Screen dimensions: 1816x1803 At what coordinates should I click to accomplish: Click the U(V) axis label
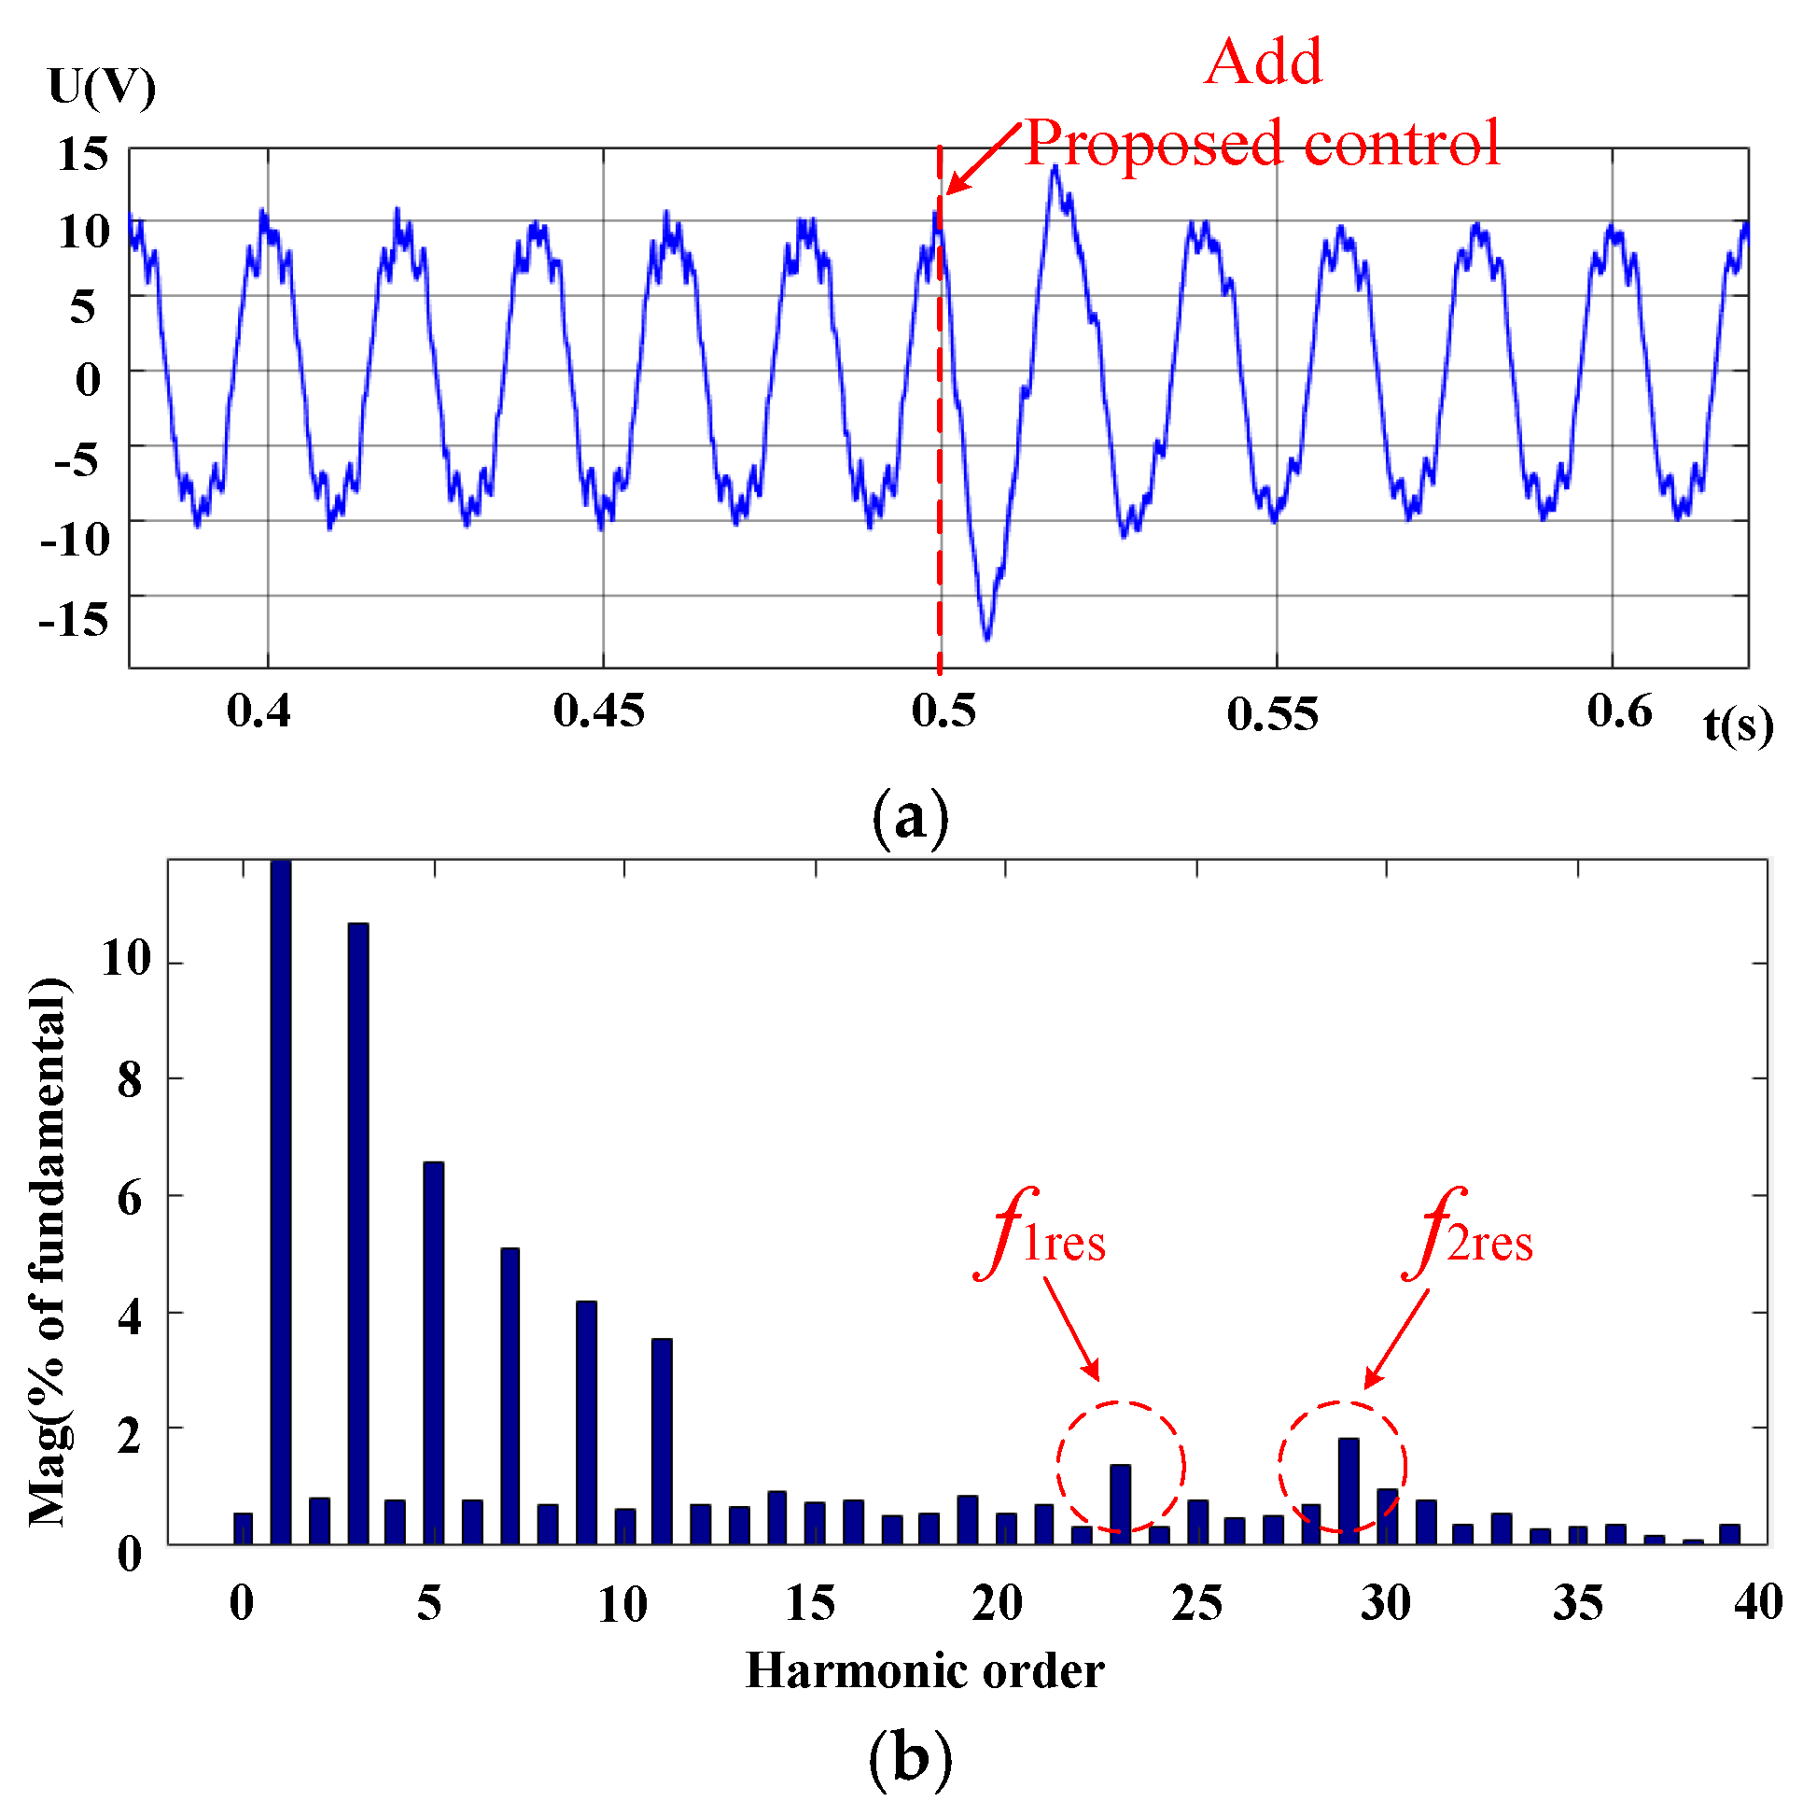pos(102,88)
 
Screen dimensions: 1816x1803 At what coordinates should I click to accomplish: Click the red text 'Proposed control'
pos(1261,143)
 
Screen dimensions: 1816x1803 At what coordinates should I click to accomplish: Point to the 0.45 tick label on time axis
pos(598,711)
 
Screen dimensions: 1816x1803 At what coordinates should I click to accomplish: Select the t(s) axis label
pos(1738,725)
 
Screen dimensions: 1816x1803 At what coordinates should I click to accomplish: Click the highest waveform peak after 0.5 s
pos(1055,170)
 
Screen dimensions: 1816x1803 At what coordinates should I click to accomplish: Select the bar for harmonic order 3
pos(358,1232)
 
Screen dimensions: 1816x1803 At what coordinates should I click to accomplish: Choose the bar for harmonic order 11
pos(662,1440)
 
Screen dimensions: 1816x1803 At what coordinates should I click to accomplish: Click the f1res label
pos(1042,1237)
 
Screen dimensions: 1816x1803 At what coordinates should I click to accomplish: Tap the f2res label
pos(1469,1237)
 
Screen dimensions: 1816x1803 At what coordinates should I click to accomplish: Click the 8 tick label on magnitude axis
pos(130,1081)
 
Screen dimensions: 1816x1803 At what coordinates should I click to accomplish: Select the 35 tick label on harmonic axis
pos(1576,1602)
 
